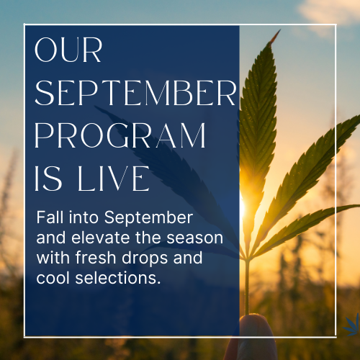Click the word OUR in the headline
pyautogui.click(x=69, y=51)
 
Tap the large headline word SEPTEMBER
pyautogui.click(x=135, y=94)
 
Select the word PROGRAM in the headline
pyautogui.click(x=120, y=136)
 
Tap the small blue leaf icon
pyautogui.click(x=353, y=324)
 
